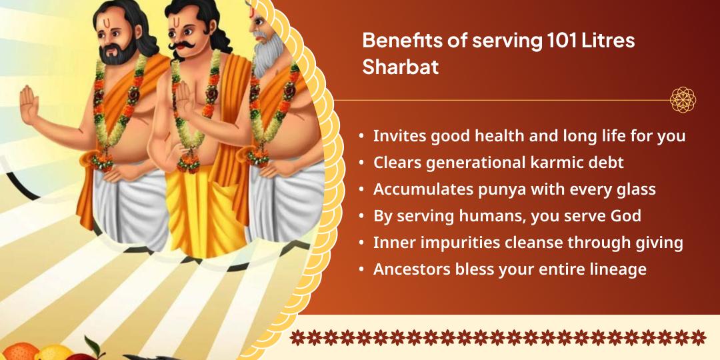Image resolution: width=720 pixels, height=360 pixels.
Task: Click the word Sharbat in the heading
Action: (400, 67)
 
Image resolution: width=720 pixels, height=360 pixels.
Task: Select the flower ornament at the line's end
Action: (683, 100)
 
